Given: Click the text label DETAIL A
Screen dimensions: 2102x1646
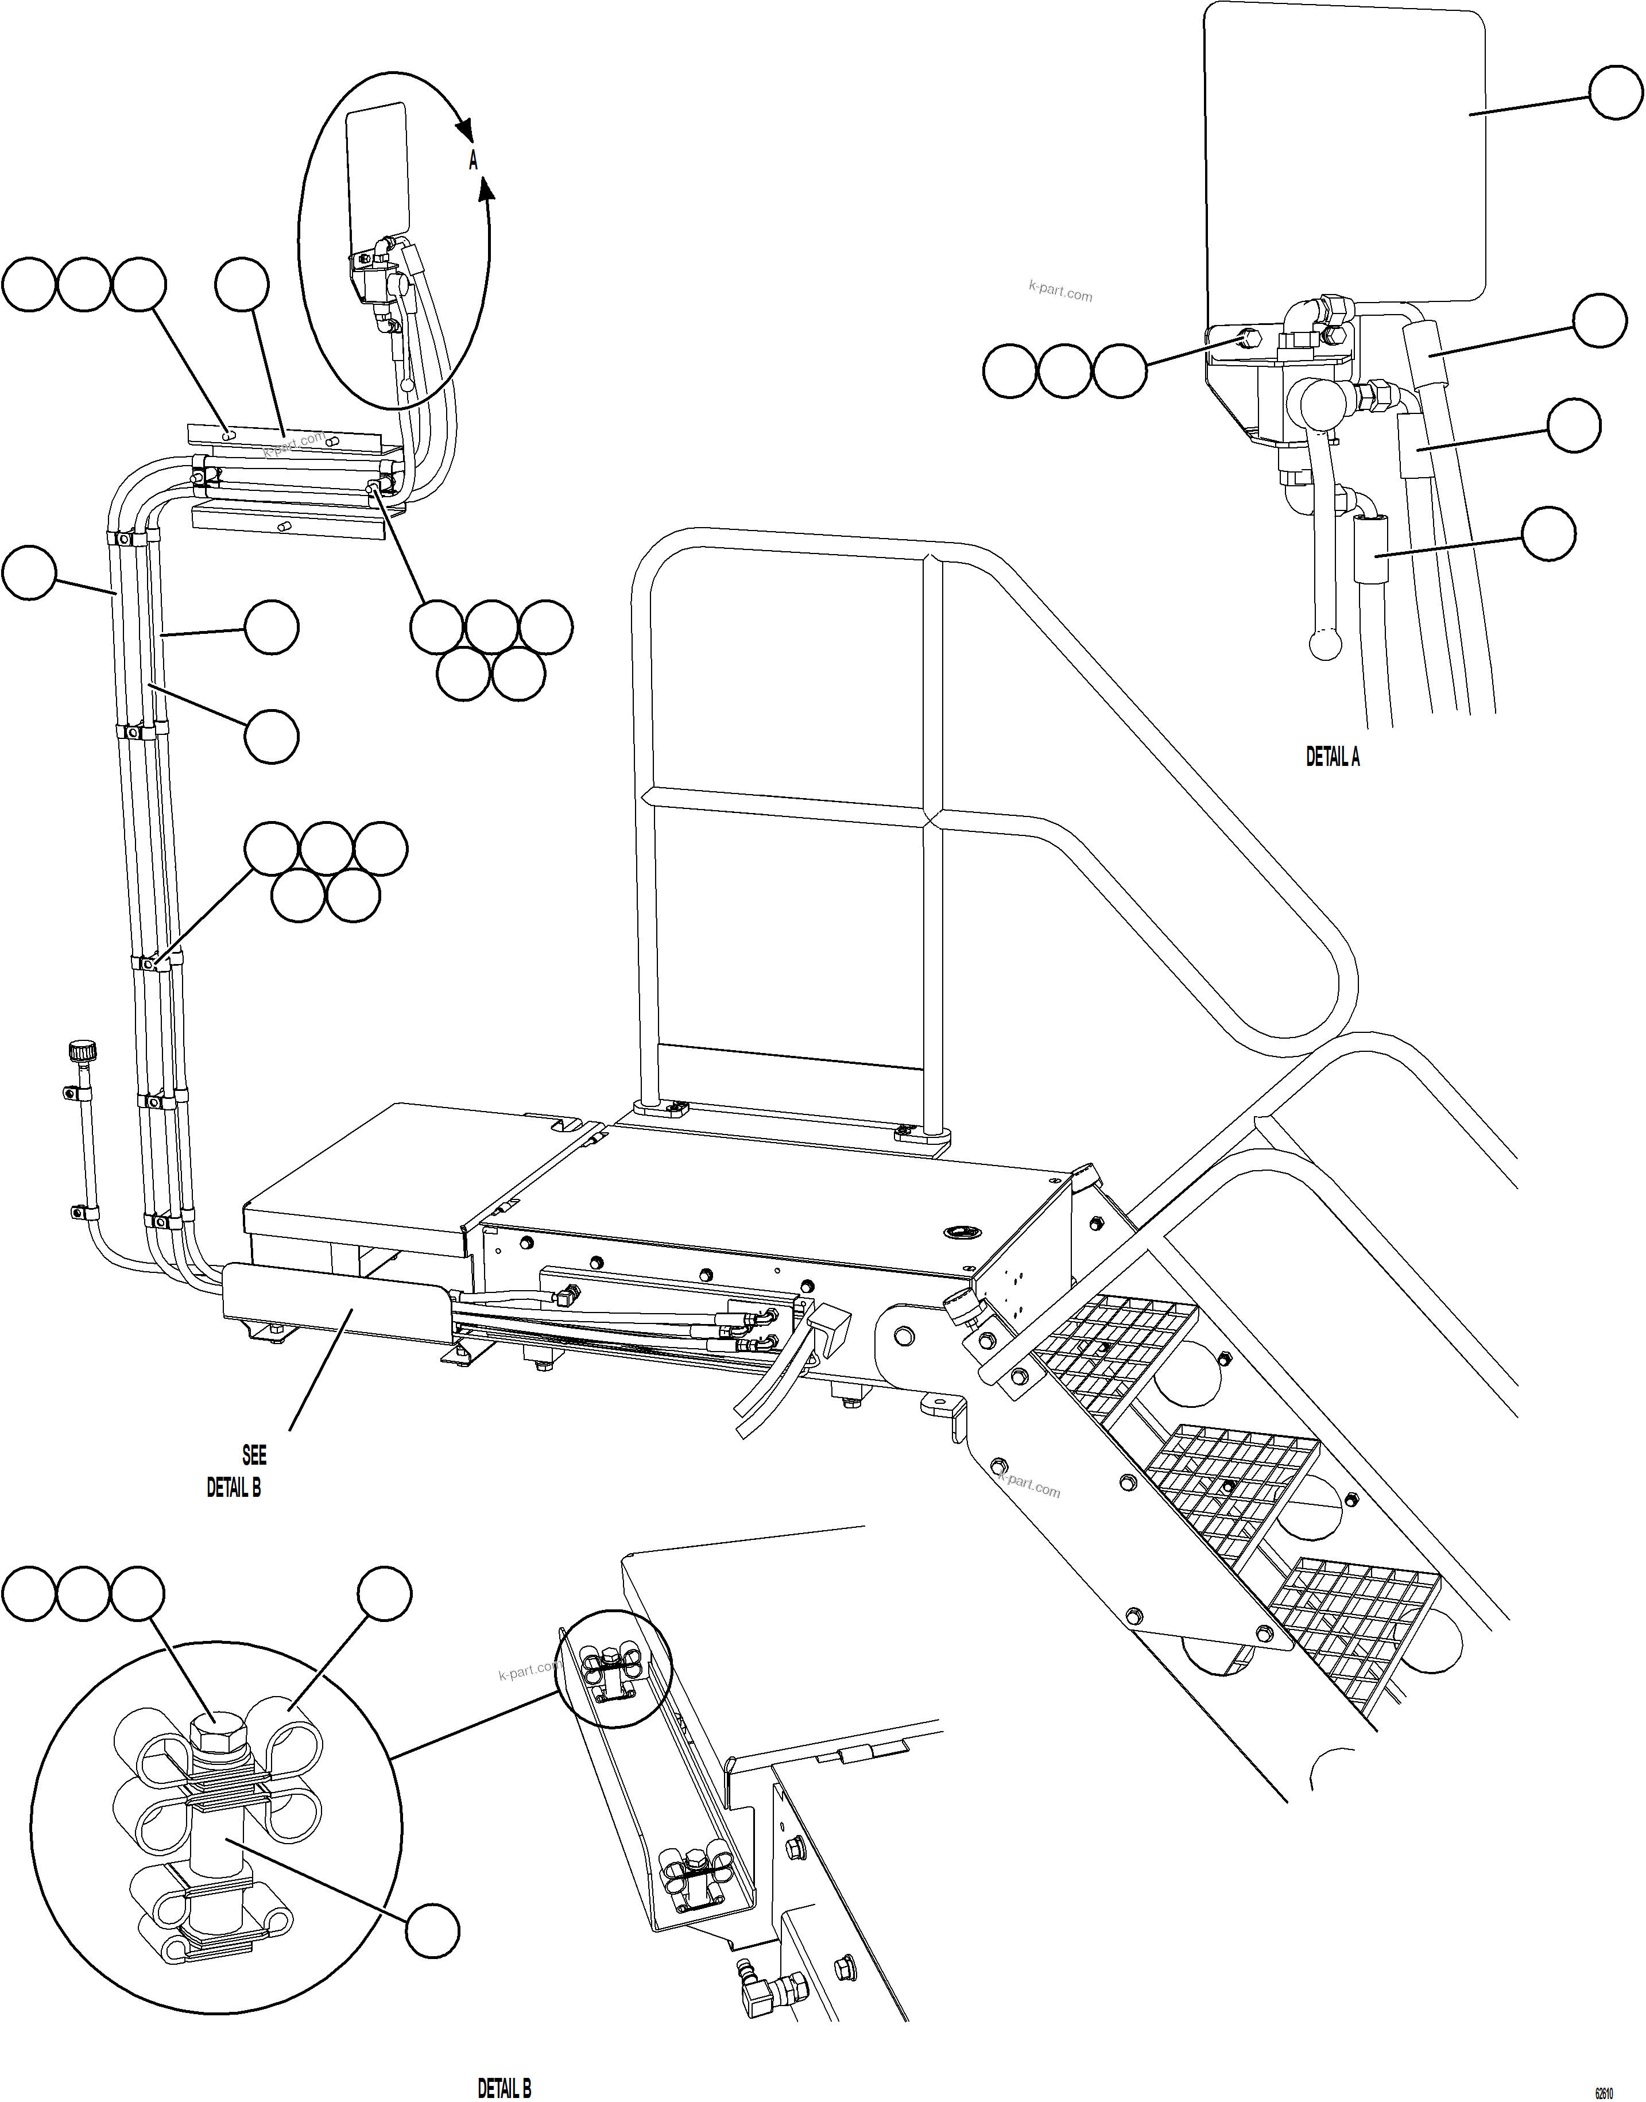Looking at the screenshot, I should coord(1332,757).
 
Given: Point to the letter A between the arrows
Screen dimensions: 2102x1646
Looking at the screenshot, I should coord(473,161).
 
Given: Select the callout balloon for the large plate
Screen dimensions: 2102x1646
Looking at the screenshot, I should coord(1614,92).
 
